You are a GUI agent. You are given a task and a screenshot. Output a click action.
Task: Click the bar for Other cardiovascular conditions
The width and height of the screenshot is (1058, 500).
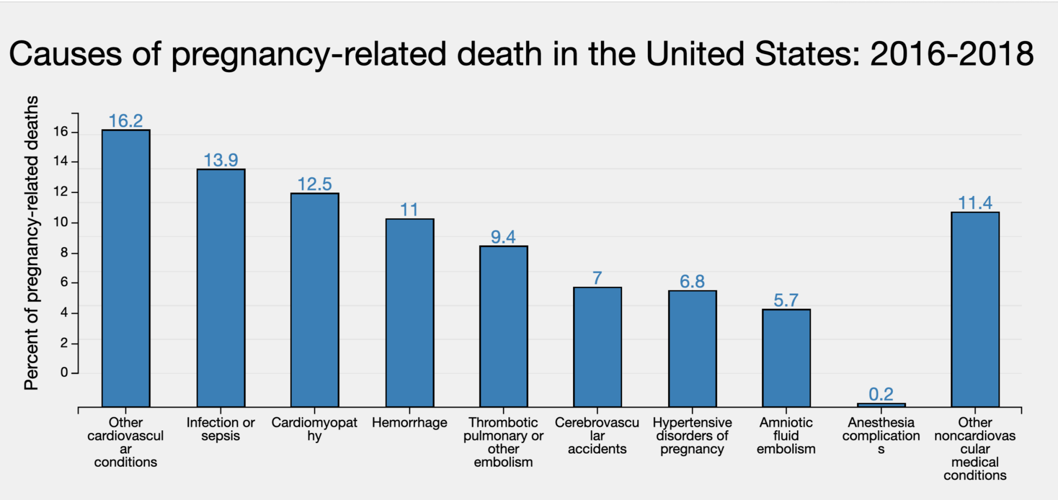[126, 268]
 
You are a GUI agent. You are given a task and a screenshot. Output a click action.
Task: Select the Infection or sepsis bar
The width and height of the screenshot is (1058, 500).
[221, 288]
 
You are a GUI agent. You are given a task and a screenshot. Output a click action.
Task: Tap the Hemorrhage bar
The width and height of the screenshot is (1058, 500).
[410, 312]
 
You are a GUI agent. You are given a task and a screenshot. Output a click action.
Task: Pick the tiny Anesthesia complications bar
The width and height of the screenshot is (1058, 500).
[881, 405]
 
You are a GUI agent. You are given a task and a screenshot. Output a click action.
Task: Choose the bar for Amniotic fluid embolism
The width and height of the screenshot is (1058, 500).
[786, 358]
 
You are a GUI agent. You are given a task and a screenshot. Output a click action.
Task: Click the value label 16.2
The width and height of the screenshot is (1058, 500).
[126, 120]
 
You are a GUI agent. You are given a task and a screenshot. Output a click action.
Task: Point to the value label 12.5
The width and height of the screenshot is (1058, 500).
[315, 184]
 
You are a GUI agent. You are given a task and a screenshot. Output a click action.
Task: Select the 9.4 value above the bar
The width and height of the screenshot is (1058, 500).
[504, 236]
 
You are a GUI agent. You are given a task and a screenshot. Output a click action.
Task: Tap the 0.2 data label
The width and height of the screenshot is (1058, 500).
[881, 393]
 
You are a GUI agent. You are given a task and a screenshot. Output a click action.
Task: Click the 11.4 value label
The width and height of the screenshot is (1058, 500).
[975, 203]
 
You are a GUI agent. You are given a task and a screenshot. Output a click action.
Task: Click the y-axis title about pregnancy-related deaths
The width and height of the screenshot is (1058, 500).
[32, 244]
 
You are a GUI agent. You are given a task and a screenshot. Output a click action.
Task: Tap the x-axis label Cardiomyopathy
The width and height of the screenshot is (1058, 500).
[315, 429]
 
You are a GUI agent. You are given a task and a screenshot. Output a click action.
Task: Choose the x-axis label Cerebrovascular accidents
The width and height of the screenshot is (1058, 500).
[597, 436]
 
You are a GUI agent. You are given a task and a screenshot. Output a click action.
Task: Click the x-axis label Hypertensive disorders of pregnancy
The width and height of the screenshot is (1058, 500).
[692, 436]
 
